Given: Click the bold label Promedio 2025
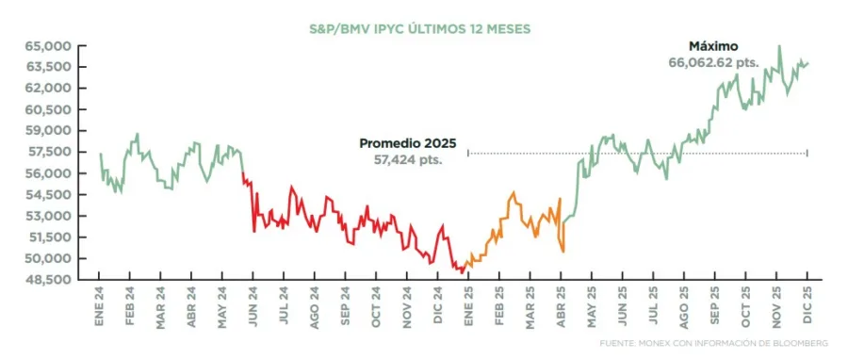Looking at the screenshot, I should click(x=407, y=143).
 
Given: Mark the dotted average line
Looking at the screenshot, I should click(x=641, y=153).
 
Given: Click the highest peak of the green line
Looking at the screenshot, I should click(x=778, y=46).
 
